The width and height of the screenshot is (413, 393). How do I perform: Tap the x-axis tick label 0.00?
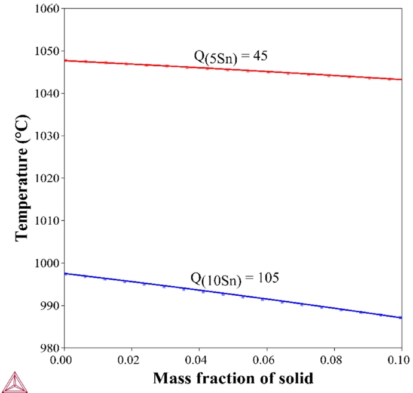pos(64,360)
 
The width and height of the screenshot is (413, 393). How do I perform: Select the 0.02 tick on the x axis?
pos(131,360)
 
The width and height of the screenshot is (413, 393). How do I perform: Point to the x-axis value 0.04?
pos(198,360)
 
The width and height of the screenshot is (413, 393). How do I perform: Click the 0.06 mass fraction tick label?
pos(266,360)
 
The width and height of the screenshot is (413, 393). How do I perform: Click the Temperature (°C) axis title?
pos(22,178)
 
